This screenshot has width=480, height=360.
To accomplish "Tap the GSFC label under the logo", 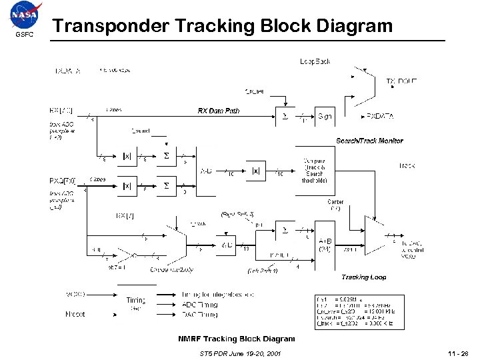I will (x=24, y=35).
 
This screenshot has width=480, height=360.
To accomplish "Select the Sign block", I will (x=325, y=116).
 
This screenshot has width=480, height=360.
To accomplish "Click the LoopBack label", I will (x=315, y=61).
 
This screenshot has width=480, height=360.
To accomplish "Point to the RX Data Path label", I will (x=218, y=111).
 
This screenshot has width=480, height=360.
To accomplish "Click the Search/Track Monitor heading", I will (x=369, y=141).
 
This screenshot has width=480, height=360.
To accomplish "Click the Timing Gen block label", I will (x=136, y=303).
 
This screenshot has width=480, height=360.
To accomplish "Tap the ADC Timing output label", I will (x=200, y=304).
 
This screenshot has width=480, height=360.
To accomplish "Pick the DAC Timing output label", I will (x=200, y=313).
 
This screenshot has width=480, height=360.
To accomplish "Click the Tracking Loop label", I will (x=363, y=277).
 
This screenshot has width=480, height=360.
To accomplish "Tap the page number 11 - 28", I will (x=459, y=353).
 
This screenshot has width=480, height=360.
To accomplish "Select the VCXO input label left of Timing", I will (x=75, y=294).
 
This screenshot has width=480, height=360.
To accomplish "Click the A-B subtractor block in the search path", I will (x=207, y=171).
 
